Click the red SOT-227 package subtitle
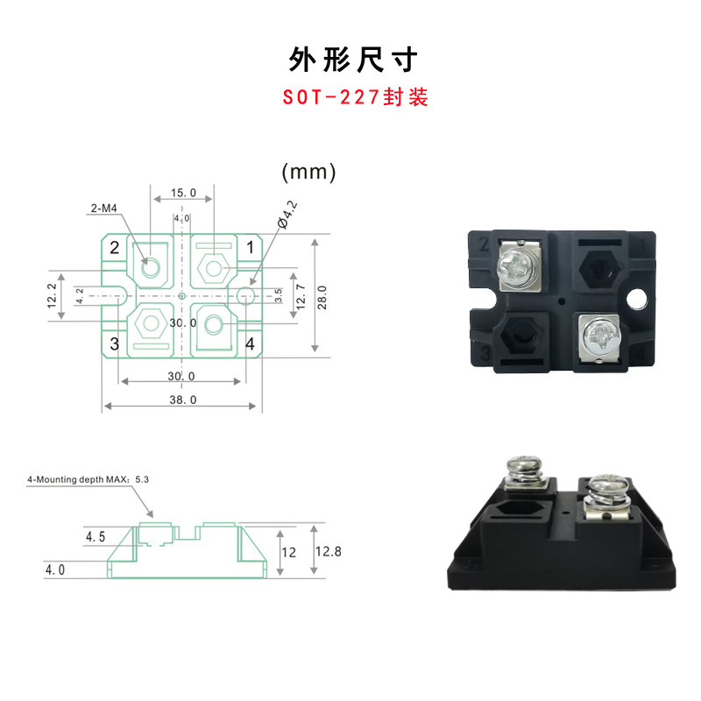[355, 96]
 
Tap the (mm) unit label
[308, 172]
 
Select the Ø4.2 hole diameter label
[287, 215]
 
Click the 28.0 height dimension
[322, 295]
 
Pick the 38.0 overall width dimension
[183, 400]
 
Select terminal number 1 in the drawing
[250, 248]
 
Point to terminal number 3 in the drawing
[114, 343]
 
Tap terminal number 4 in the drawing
[250, 343]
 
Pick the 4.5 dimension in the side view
[96, 535]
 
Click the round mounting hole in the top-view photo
[638, 299]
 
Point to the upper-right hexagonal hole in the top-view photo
[599, 262]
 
